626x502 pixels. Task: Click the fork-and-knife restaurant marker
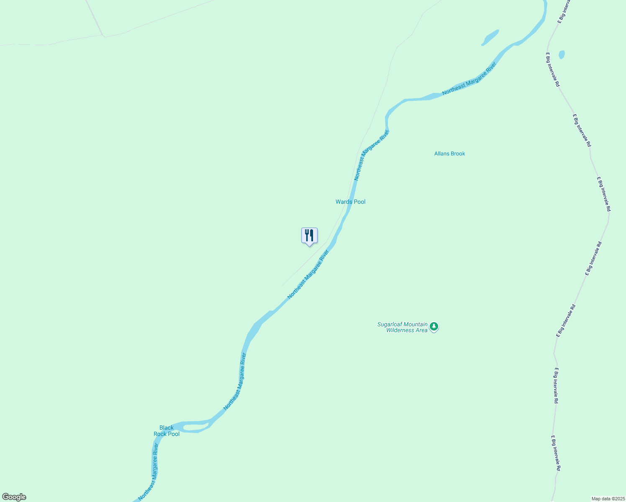coord(309,236)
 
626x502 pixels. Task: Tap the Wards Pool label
coord(350,202)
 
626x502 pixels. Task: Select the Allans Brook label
coord(449,154)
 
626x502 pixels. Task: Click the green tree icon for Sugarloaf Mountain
coord(434,326)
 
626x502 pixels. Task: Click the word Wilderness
coord(400,330)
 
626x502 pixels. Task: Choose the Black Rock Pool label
coord(167,431)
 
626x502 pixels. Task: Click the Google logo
coord(14,497)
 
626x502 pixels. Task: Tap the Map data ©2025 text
coord(608,499)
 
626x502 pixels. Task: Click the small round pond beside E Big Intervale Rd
coord(562,55)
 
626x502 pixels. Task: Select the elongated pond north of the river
coord(490,37)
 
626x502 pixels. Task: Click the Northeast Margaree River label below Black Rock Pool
coord(149,471)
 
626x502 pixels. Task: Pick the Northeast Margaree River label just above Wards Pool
coord(371,155)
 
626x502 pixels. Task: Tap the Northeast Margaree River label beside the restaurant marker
coord(308,274)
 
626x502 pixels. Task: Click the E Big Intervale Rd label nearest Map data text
coord(556,453)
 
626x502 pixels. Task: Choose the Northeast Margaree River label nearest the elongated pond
coord(469,78)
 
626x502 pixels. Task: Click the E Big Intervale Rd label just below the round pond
coord(552,69)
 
